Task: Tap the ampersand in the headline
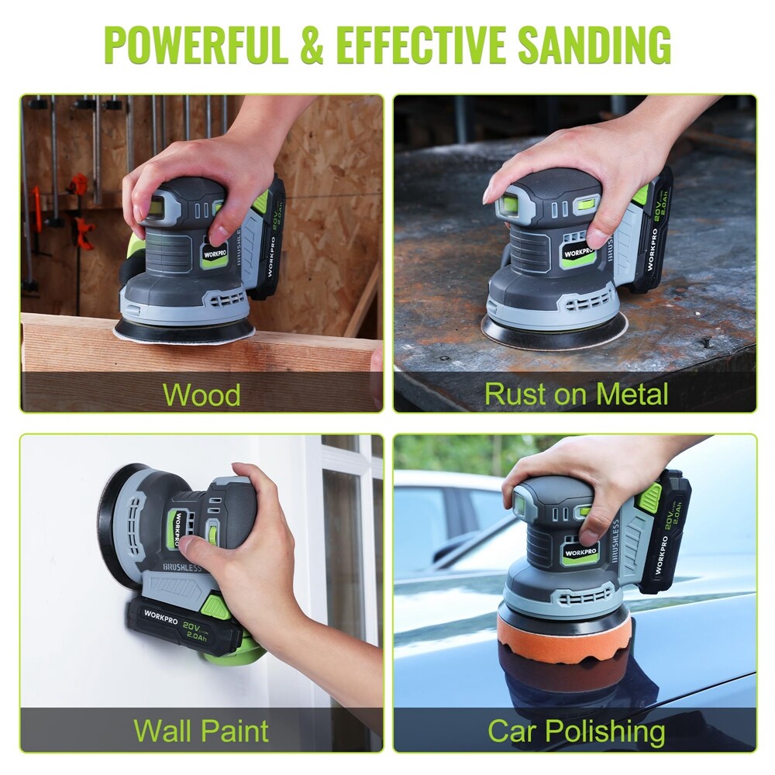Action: pos(312,44)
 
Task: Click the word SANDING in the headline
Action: pos(595,44)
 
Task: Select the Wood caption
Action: pos(201,394)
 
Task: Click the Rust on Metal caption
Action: pos(576,394)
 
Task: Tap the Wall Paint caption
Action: pos(201,730)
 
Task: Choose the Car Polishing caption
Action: pos(576,731)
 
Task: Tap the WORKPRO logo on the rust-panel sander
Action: pos(578,253)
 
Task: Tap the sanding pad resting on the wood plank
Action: pos(184,332)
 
